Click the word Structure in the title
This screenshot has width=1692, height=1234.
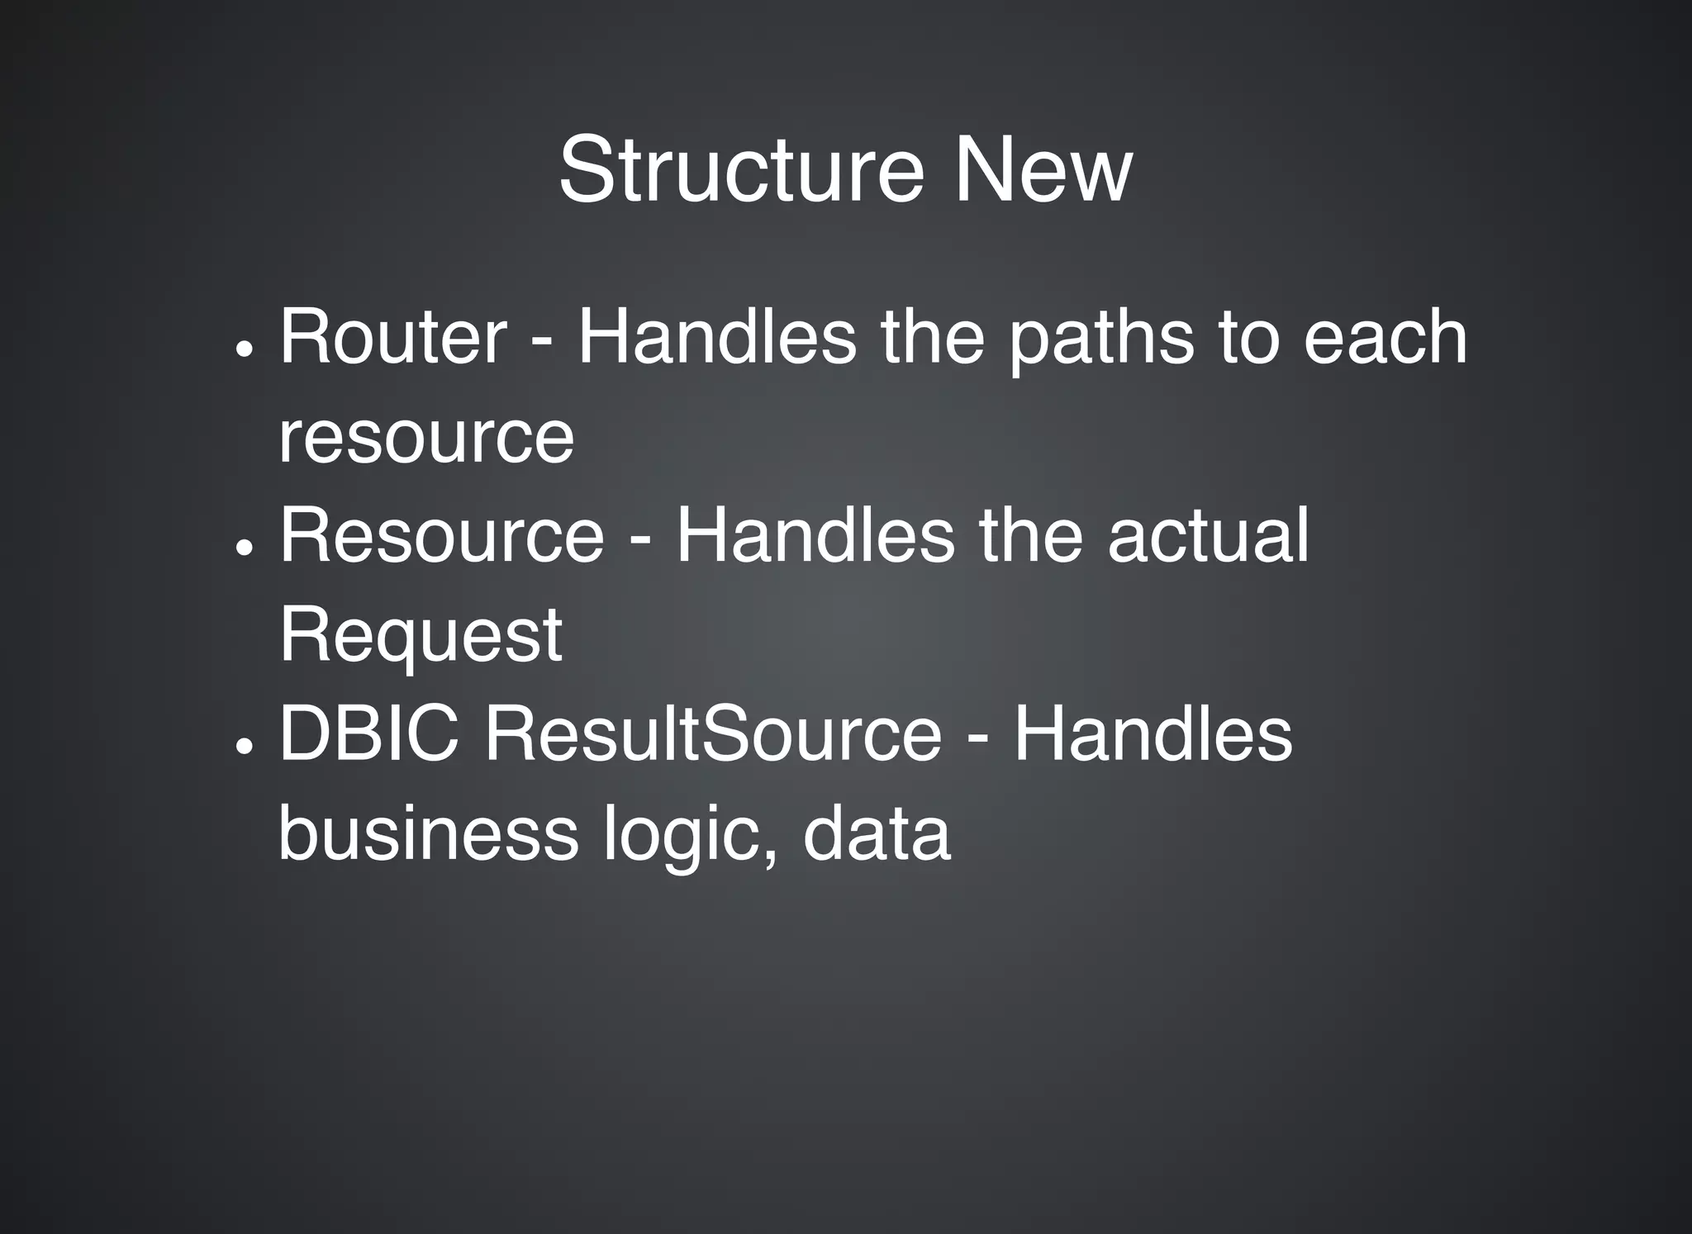pos(741,170)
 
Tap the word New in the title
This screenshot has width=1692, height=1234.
pos(1043,170)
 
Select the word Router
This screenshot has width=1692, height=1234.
pos(393,336)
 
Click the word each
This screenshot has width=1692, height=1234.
pos(1385,336)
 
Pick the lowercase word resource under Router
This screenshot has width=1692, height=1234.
pos(425,438)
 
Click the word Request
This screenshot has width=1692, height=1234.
pos(421,636)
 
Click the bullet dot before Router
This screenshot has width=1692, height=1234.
pos(243,349)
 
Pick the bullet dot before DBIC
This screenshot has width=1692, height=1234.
pos(243,747)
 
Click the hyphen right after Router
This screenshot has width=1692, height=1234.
pos(541,342)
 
